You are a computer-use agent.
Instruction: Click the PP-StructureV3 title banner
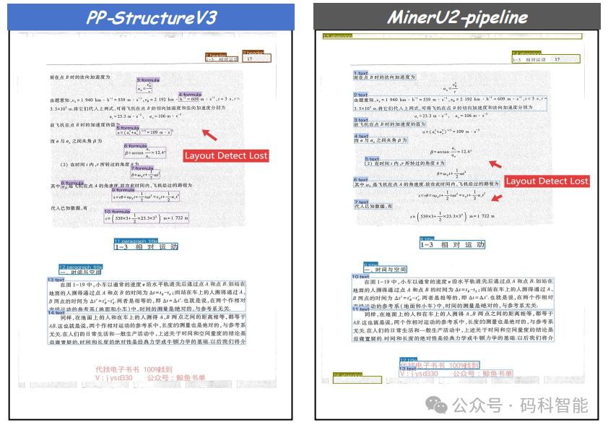(152, 17)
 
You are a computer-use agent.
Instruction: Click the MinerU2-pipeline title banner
(456, 17)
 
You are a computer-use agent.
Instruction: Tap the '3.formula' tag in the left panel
(148, 79)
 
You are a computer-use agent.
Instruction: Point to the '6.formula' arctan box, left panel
(146, 152)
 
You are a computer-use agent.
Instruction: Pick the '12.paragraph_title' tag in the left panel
(80, 267)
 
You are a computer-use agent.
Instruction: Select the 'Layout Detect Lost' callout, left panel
(225, 155)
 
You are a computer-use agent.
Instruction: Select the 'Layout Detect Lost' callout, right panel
(547, 181)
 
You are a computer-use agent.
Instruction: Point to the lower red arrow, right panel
(495, 197)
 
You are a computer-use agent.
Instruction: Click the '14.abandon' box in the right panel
(545, 59)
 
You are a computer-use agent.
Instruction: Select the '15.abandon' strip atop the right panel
(452, 35)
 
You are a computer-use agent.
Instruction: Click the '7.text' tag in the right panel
(361, 202)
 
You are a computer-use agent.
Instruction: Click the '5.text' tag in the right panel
(372, 159)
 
